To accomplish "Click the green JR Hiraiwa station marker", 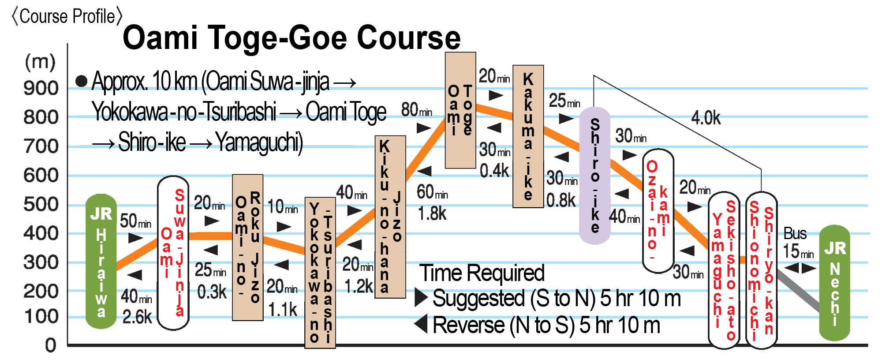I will tap(101, 265).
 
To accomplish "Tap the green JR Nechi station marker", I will tap(834, 282).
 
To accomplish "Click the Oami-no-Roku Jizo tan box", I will tap(247, 247).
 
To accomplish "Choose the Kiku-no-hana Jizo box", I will tap(390, 216).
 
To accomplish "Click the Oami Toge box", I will tap(460, 110).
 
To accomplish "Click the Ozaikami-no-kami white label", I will tap(658, 211).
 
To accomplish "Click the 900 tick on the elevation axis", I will tap(41, 88).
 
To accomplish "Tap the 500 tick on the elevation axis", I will tap(41, 205).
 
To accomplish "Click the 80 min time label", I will tap(416, 109).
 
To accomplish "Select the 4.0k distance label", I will tap(706, 118).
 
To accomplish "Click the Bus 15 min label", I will tap(797, 243).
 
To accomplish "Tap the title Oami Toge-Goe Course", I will tap(292, 38).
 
